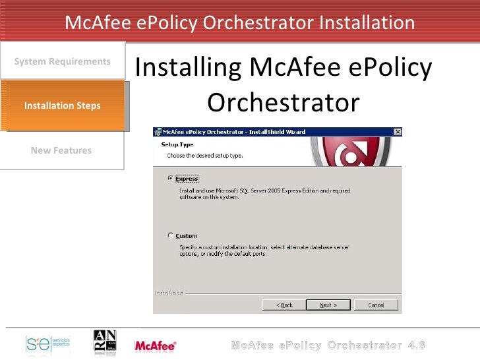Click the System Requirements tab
coord(62,61)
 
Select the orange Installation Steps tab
coord(62,105)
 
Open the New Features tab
coord(61,150)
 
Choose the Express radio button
coord(171,179)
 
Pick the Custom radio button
coord(171,235)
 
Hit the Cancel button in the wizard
coord(376,305)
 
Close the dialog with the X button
coord(397,132)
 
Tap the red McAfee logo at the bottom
coord(155,345)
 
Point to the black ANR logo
coord(105,344)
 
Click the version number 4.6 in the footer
coord(416,345)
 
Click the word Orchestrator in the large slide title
coord(284,103)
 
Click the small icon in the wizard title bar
coord(158,132)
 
